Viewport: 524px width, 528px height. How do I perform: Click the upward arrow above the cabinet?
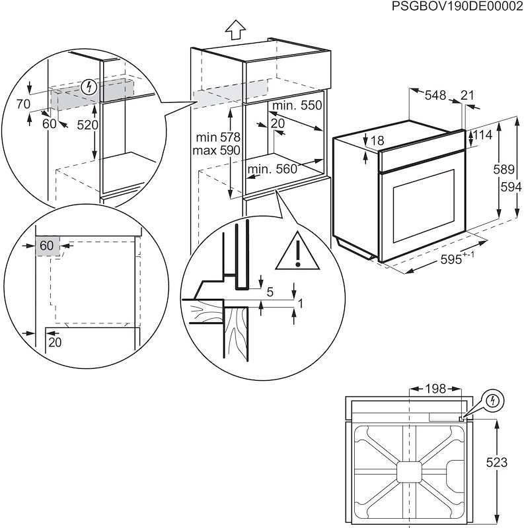[235, 30]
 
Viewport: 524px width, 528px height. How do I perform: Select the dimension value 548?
[435, 95]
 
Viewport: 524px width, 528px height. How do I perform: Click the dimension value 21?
[467, 95]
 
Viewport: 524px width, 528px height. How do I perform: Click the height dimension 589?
[504, 170]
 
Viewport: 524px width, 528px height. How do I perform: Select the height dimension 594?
[508, 186]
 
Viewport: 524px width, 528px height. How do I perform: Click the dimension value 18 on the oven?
[377, 141]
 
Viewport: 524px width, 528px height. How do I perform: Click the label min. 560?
[272, 170]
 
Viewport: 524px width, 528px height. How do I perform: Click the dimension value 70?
[23, 104]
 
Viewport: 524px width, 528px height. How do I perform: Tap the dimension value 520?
[87, 125]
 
